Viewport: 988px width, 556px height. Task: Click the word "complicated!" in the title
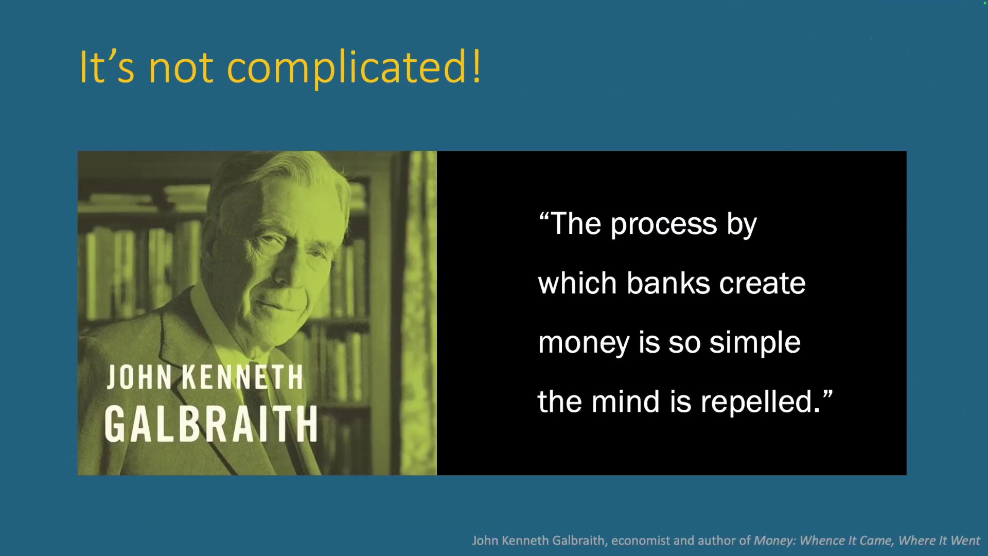(x=354, y=68)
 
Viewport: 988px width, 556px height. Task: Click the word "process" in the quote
(x=664, y=225)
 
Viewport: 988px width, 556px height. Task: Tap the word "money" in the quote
(x=584, y=344)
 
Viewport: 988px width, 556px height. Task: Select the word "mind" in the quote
(x=625, y=402)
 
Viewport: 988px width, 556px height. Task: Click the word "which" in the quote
(x=577, y=283)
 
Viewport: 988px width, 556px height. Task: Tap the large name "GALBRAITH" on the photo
(x=211, y=424)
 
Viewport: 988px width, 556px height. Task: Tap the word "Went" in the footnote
(x=965, y=541)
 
